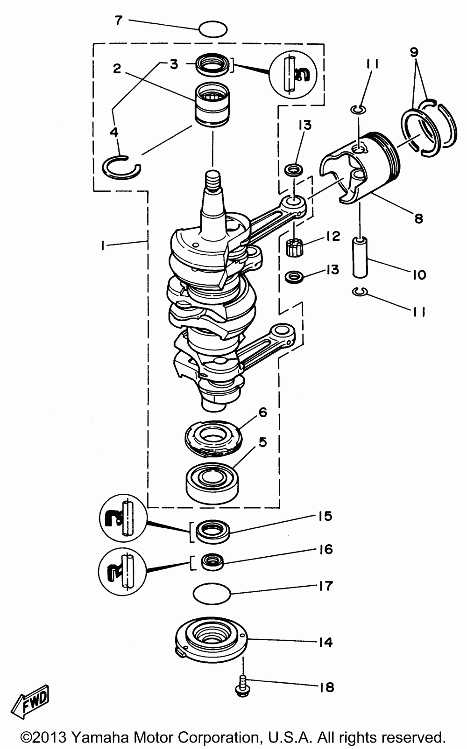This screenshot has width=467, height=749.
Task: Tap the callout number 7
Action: coord(119,21)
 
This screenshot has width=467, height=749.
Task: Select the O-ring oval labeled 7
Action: coord(213,30)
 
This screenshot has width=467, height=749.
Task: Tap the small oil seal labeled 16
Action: coord(212,561)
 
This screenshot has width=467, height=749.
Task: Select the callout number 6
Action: coord(262,412)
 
